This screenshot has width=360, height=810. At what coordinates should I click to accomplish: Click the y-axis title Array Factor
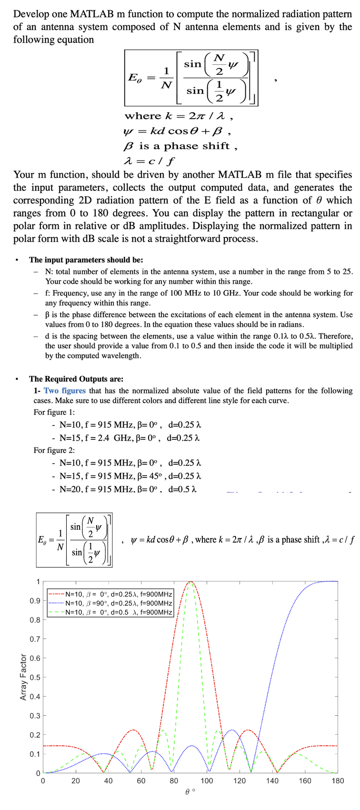23,677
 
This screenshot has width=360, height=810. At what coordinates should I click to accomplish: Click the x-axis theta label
190,791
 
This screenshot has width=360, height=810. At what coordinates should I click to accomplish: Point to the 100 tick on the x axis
207,780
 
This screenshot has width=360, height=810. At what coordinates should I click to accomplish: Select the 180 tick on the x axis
337,780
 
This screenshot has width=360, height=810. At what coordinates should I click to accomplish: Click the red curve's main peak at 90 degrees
190,582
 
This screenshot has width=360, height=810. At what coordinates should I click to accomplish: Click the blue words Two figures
64,391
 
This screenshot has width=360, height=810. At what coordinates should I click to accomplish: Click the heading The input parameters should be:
86,260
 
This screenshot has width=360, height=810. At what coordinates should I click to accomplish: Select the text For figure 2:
54,450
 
